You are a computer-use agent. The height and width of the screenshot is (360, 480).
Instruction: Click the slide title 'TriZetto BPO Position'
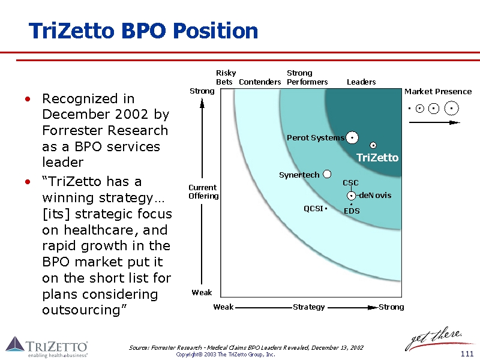143,31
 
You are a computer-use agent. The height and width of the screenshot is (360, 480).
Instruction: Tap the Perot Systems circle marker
352,138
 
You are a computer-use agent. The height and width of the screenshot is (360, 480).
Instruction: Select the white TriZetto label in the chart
377,157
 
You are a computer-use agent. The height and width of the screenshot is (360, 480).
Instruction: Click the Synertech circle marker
327,174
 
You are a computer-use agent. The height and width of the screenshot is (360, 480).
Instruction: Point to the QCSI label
313,209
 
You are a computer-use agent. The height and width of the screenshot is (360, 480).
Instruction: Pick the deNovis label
375,195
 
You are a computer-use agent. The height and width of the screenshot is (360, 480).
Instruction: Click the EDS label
352,211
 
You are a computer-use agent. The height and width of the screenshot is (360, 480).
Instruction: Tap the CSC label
350,182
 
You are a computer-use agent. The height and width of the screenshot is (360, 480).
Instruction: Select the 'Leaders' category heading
361,82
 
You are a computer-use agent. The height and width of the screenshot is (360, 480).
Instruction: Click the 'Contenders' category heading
260,82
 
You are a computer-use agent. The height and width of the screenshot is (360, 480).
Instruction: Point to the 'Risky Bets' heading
225,77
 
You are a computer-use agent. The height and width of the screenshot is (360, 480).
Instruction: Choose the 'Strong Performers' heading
307,77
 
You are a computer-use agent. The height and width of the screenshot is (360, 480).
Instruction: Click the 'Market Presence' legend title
438,91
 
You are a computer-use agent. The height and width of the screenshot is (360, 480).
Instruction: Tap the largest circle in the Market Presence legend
451,109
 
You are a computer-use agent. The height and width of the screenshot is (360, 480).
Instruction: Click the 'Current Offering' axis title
203,191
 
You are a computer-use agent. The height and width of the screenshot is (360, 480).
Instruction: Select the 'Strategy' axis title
308,307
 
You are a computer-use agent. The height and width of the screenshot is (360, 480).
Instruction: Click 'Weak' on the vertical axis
202,292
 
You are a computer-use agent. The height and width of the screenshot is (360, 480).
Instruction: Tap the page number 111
467,354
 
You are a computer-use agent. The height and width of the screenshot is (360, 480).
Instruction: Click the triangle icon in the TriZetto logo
15,344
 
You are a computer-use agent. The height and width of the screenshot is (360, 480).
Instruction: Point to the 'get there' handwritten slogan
433,338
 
